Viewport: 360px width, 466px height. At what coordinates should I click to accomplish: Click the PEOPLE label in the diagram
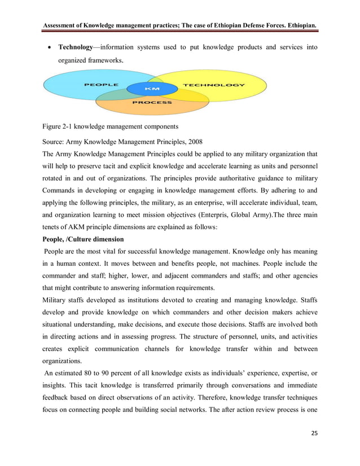click(102, 85)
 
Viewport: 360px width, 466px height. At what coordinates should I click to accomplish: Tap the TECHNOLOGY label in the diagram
click(214, 85)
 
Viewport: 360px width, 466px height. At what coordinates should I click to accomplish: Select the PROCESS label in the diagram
click(152, 103)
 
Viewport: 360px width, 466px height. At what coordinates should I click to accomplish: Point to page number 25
click(313, 448)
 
